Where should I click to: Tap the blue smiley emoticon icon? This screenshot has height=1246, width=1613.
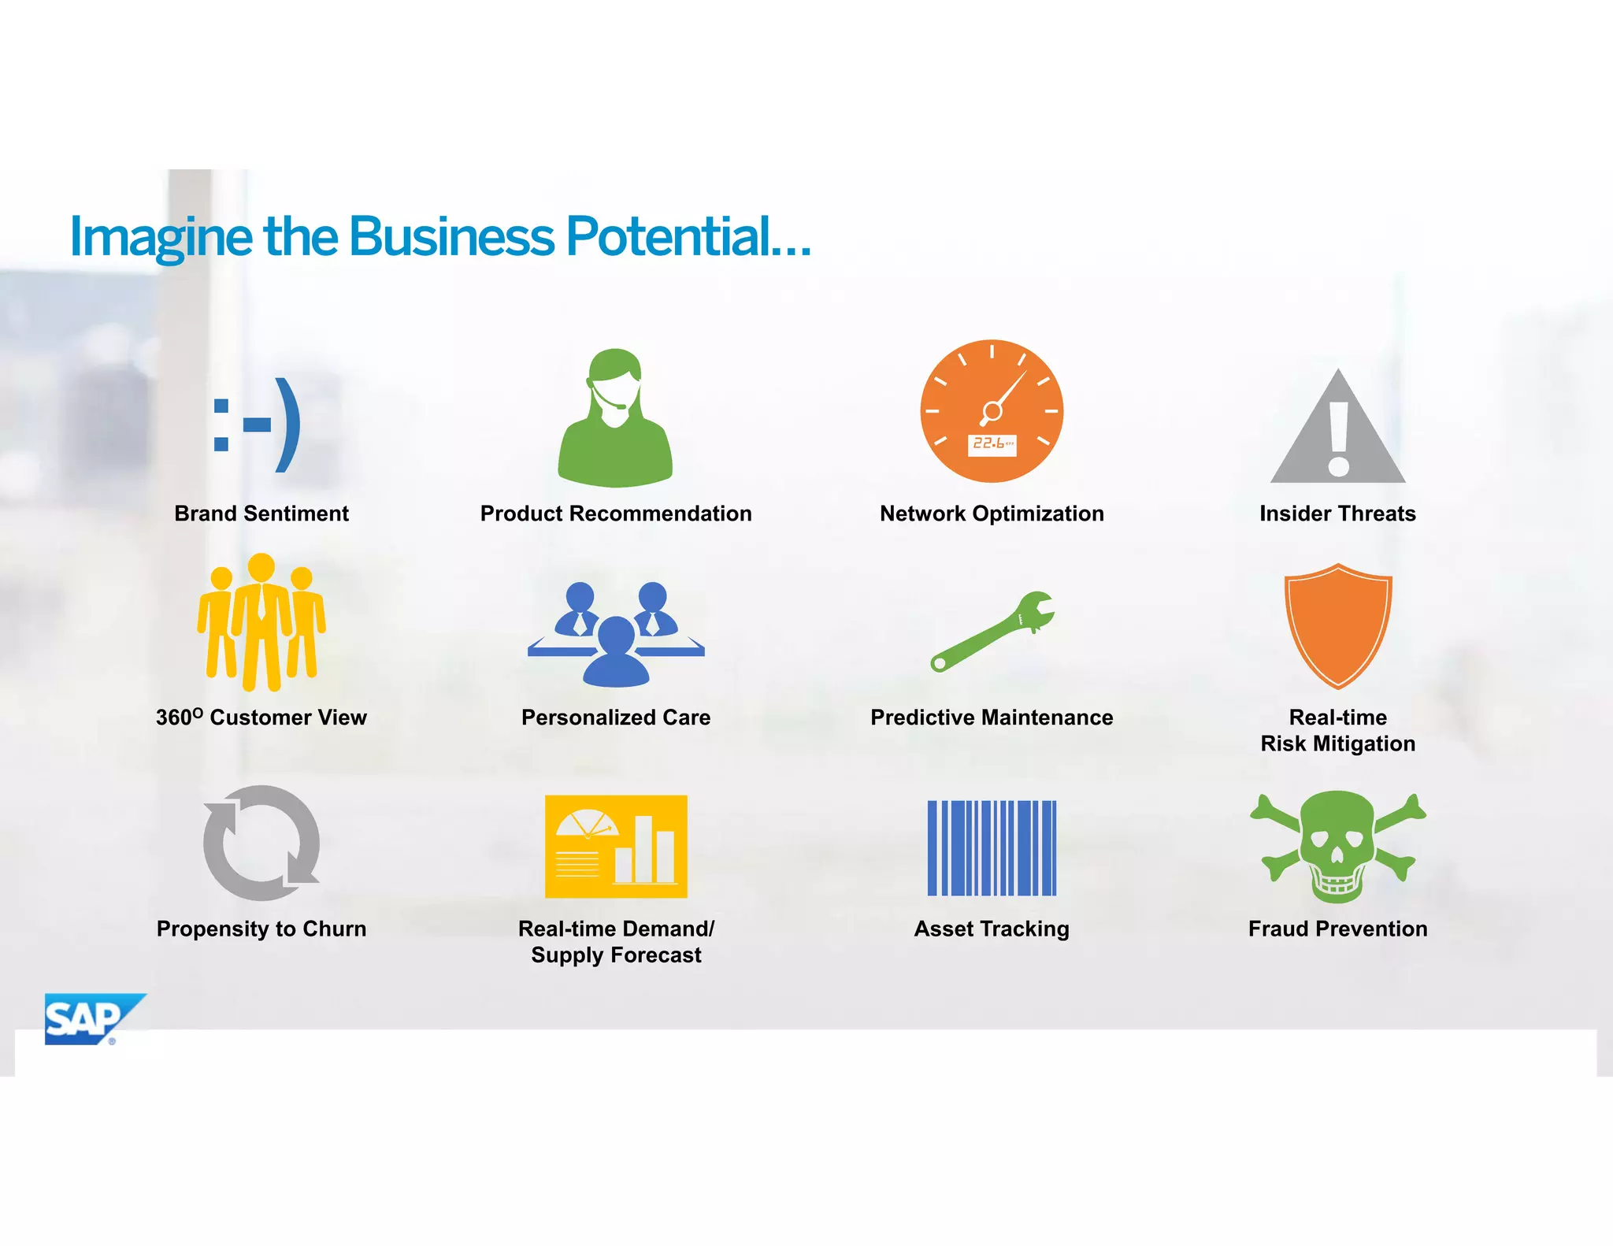(x=257, y=425)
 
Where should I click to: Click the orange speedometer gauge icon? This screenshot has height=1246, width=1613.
(x=992, y=411)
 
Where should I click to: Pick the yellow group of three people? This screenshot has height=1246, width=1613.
(x=261, y=622)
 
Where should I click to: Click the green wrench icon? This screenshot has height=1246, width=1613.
(x=992, y=631)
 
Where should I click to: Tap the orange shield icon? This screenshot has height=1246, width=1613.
(x=1338, y=625)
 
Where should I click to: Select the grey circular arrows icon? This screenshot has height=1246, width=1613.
(x=261, y=843)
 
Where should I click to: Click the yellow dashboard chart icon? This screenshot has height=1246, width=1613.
(x=616, y=847)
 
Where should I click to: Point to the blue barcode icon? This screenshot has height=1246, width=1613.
(x=992, y=847)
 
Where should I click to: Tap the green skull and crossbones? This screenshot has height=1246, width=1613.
(x=1337, y=847)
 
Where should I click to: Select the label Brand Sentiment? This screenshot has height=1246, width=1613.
(x=261, y=514)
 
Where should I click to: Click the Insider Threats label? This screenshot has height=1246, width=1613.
(x=1337, y=514)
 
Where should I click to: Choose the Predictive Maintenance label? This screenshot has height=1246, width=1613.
(x=992, y=718)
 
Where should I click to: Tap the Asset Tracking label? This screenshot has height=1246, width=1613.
(x=992, y=929)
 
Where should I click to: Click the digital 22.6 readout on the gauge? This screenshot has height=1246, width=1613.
(x=992, y=444)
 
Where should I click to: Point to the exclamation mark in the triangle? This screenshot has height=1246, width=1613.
(x=1338, y=438)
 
